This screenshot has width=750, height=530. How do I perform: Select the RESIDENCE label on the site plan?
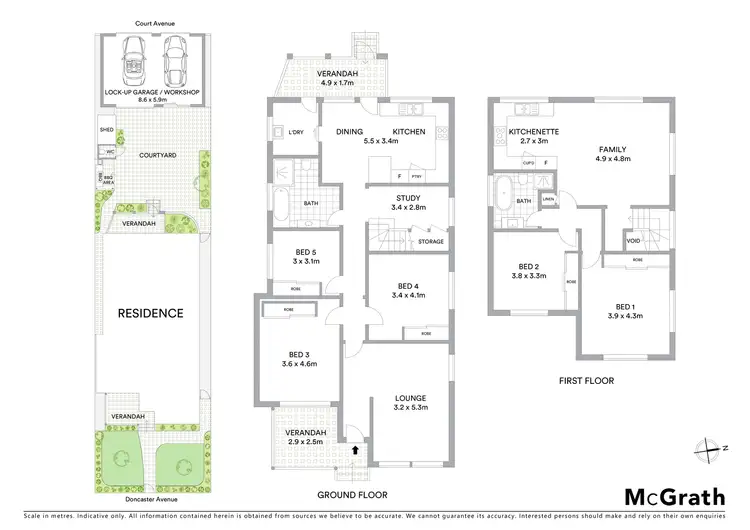point(151,313)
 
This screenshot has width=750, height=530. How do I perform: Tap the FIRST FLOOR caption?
point(587,380)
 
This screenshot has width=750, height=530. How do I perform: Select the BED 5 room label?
point(305,252)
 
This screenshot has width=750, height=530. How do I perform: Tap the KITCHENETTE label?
point(533,131)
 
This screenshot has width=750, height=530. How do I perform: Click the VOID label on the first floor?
point(633,241)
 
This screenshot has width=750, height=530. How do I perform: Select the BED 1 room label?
point(623,305)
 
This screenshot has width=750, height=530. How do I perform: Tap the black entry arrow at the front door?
point(353,451)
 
